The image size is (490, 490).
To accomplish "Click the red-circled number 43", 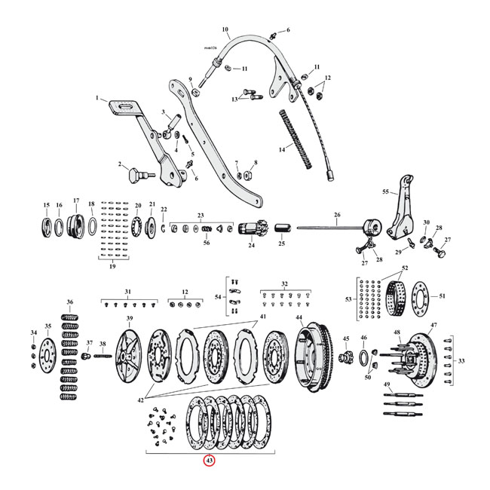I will point(209,461).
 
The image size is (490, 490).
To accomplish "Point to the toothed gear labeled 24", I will point(250,228).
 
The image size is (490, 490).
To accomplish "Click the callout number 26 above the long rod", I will point(335,215).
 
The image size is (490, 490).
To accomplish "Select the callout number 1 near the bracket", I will point(96,98).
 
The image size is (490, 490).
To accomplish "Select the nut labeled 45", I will point(348,354).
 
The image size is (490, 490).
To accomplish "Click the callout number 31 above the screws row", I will point(128,291).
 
